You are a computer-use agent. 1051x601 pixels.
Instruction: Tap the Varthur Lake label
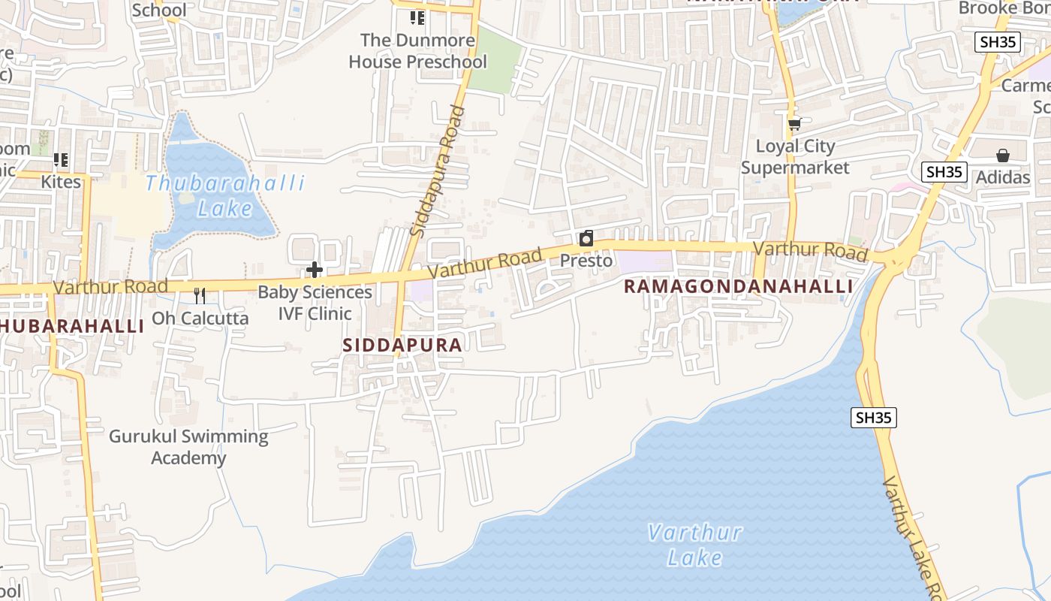[x=694, y=545]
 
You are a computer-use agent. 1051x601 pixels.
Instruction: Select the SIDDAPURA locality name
[x=402, y=345]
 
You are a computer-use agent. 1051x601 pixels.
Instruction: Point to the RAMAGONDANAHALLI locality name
[x=738, y=286]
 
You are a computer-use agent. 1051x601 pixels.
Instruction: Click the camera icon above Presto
[x=586, y=239]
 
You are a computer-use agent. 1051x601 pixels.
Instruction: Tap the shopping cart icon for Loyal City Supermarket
[x=794, y=124]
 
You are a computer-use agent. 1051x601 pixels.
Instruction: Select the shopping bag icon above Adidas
[x=1002, y=156]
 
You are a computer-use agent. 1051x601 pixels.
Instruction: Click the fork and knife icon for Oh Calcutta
[x=200, y=295]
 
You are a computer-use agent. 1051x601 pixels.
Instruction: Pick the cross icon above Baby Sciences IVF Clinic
[x=315, y=270]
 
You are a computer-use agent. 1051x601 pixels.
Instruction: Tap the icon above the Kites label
[x=61, y=160]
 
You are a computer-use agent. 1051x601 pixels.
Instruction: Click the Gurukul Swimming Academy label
[x=188, y=447]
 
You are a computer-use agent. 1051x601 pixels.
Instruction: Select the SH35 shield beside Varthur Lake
[x=874, y=418]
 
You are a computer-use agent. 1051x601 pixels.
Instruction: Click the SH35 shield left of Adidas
[x=944, y=171]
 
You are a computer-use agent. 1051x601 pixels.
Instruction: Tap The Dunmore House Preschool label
[x=417, y=51]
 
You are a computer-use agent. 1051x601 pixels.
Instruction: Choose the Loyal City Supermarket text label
[x=795, y=157]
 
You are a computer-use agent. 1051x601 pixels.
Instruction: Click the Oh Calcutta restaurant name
[x=200, y=318]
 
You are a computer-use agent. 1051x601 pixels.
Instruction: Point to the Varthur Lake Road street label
[x=912, y=537]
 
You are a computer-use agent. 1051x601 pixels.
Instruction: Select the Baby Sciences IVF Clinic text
[x=315, y=303]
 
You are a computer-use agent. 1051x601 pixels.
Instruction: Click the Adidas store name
[x=1002, y=178]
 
